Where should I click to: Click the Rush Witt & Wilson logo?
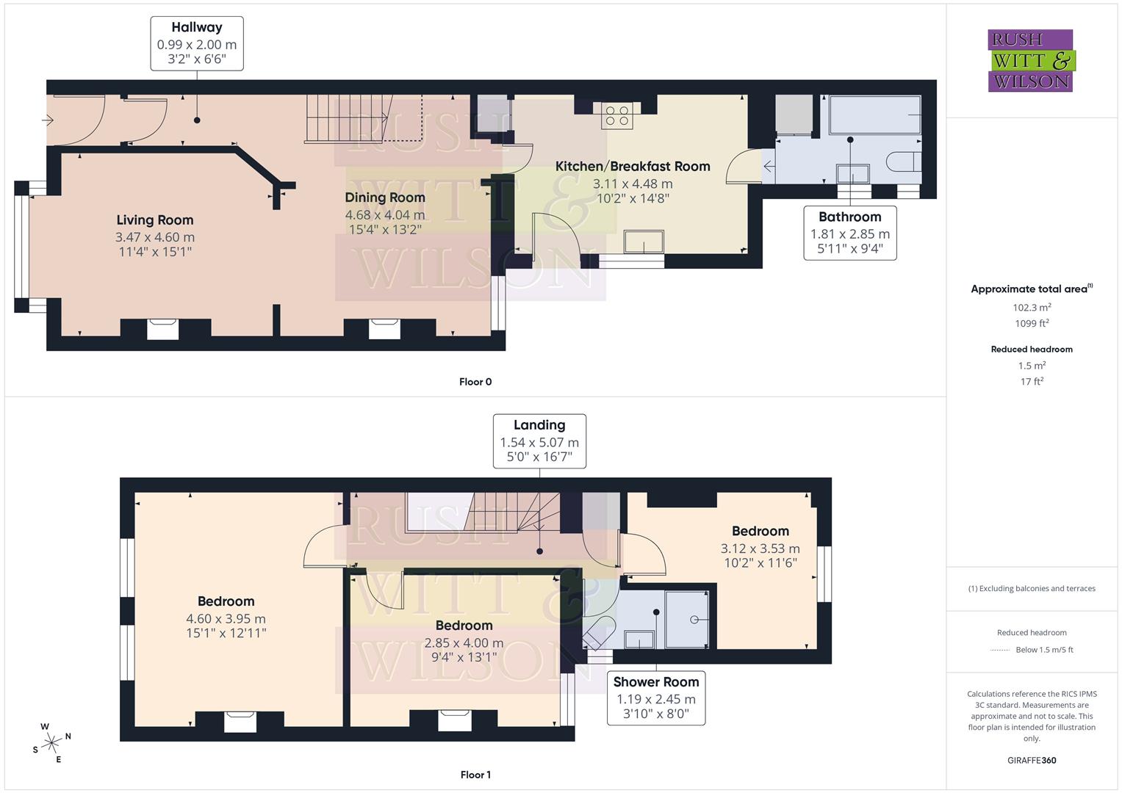[x=1030, y=60]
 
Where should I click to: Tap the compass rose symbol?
[x=51, y=743]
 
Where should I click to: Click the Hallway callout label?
[x=197, y=43]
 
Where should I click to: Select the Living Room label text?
[x=155, y=220]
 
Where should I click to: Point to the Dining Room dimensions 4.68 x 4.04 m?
[x=385, y=215]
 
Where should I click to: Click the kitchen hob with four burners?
[x=616, y=115]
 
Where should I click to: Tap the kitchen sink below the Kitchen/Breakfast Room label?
[x=643, y=242]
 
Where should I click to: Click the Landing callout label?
[x=539, y=441]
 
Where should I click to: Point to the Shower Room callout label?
[x=655, y=698]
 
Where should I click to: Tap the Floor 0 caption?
[x=475, y=382]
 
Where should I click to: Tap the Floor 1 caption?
[x=475, y=775]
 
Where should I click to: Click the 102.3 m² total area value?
[x=1032, y=308]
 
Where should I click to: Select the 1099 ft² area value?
[x=1032, y=323]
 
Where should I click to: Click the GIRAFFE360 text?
[x=1032, y=760]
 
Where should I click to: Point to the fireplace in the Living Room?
[x=162, y=328]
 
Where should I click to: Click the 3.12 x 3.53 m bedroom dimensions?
[x=760, y=548]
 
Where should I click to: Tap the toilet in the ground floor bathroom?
[x=903, y=162]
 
